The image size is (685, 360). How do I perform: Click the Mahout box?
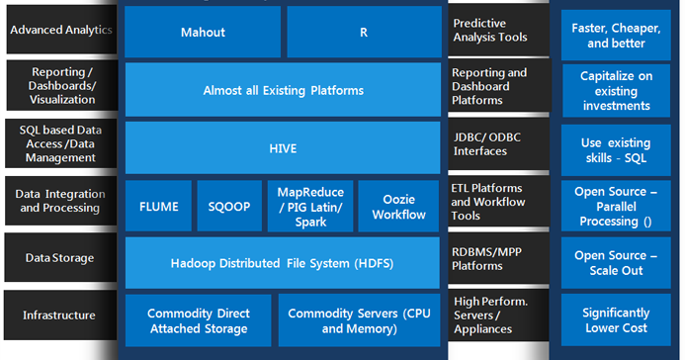click(x=203, y=32)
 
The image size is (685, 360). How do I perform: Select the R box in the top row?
click(x=364, y=32)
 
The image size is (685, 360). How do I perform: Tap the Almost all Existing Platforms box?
click(x=283, y=90)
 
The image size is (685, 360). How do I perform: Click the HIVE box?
click(x=283, y=148)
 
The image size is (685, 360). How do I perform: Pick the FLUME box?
click(x=158, y=207)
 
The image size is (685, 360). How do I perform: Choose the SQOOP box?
click(x=228, y=207)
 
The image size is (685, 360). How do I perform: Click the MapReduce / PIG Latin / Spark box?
click(x=308, y=207)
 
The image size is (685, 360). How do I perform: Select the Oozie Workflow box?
click(x=398, y=207)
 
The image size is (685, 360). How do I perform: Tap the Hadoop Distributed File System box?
click(x=283, y=262)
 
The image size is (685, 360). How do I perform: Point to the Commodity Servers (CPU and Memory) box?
click(x=359, y=320)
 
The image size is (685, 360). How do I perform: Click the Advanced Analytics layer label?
click(x=60, y=31)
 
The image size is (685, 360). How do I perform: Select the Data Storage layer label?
click(x=60, y=258)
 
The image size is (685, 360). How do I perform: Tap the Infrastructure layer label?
click(x=60, y=315)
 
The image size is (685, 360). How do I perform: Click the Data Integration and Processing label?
click(x=60, y=201)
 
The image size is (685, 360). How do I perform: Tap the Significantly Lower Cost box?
click(x=615, y=319)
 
